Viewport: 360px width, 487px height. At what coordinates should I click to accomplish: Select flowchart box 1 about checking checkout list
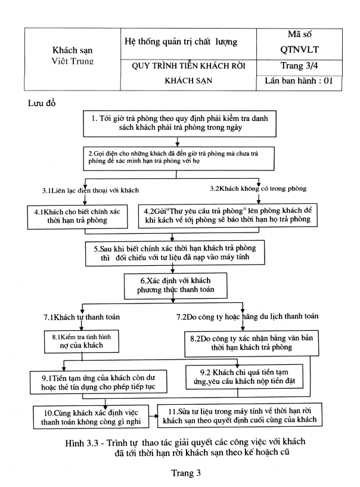[x=176, y=125]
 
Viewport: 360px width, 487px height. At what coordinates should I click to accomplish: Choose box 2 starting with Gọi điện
[x=175, y=157]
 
